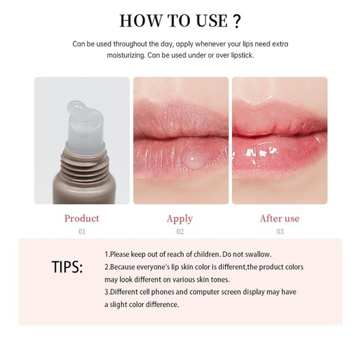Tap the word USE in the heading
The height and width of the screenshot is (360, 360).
(212, 21)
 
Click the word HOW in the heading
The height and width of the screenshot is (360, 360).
(140, 21)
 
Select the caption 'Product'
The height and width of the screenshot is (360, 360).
(82, 218)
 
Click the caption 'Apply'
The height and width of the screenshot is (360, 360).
(180, 219)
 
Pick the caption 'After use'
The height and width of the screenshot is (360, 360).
(280, 218)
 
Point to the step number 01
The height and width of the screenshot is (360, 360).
(82, 232)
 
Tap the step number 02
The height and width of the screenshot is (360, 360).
(180, 232)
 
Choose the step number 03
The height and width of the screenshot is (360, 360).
(280, 232)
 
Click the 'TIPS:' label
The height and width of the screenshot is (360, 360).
(67, 267)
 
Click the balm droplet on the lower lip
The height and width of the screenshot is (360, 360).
(194, 160)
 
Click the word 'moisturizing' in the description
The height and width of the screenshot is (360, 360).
(126, 56)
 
